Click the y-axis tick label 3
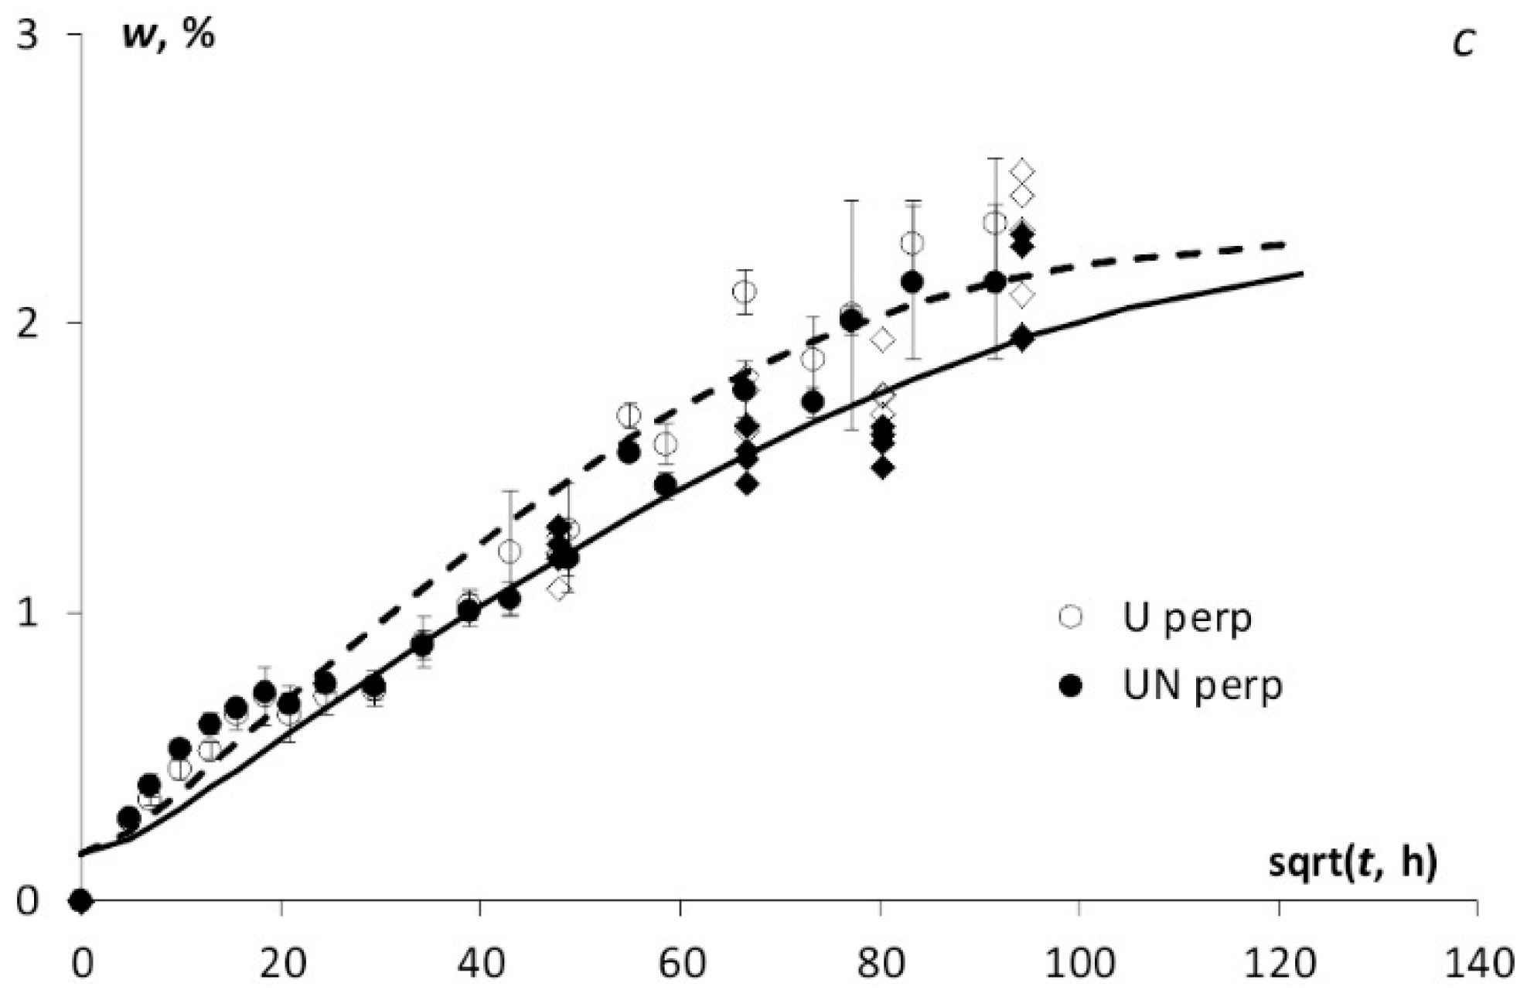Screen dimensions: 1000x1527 click(x=27, y=36)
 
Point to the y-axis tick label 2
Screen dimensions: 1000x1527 click(x=27, y=323)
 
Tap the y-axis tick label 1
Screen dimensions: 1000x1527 click(x=27, y=613)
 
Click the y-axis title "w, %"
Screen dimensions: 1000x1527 click(x=169, y=37)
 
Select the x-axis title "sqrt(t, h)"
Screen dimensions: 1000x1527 click(x=1352, y=863)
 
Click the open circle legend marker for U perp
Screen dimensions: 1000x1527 click(x=1071, y=617)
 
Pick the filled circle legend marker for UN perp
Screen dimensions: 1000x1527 click(x=1071, y=685)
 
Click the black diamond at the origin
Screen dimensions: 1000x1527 click(x=80, y=900)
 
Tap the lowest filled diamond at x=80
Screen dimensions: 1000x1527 click(x=883, y=468)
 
